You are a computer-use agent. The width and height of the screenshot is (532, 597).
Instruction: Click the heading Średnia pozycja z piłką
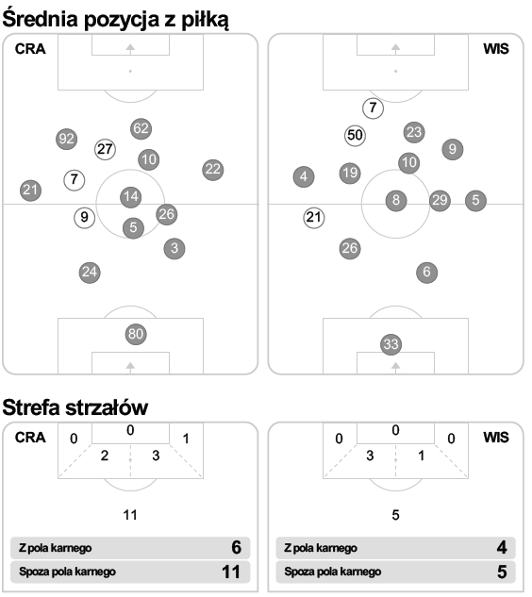pyautogui.click(x=115, y=19)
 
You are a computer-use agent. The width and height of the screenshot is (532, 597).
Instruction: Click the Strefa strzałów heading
pyautogui.click(x=75, y=407)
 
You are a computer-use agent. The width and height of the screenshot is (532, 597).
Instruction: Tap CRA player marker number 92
pyautogui.click(x=67, y=139)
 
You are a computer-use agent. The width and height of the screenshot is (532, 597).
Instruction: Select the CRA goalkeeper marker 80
pyautogui.click(x=136, y=334)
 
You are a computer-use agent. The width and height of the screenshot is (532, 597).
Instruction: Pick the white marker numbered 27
pyautogui.click(x=105, y=149)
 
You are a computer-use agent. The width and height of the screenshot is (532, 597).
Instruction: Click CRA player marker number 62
pyautogui.click(x=141, y=128)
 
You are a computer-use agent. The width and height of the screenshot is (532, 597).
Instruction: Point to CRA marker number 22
pyautogui.click(x=213, y=170)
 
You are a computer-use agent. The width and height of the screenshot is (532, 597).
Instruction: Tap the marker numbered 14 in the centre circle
pyautogui.click(x=130, y=197)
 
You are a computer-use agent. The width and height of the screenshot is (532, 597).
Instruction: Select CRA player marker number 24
pyautogui.click(x=90, y=273)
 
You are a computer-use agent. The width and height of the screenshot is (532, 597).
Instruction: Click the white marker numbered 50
pyautogui.click(x=355, y=135)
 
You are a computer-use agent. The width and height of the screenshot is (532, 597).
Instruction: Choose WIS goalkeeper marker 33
pyautogui.click(x=391, y=344)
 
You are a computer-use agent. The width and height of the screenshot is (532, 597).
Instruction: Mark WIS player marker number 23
pyautogui.click(x=414, y=132)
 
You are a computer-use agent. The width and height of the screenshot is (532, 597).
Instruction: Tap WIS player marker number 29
pyautogui.click(x=440, y=200)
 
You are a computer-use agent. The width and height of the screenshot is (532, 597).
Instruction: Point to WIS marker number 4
pyautogui.click(x=304, y=176)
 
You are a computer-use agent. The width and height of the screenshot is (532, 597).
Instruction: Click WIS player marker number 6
pyautogui.click(x=426, y=273)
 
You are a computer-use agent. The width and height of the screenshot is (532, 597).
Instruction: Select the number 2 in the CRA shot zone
pyautogui.click(x=105, y=456)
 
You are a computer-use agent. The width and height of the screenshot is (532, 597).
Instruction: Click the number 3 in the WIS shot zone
pyautogui.click(x=370, y=456)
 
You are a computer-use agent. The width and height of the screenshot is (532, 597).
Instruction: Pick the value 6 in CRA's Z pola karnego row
pyautogui.click(x=236, y=548)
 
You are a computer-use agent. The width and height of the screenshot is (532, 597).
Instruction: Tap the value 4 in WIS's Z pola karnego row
pyautogui.click(x=502, y=548)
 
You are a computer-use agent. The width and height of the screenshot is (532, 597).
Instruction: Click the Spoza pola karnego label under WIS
pyautogui.click(x=332, y=572)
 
